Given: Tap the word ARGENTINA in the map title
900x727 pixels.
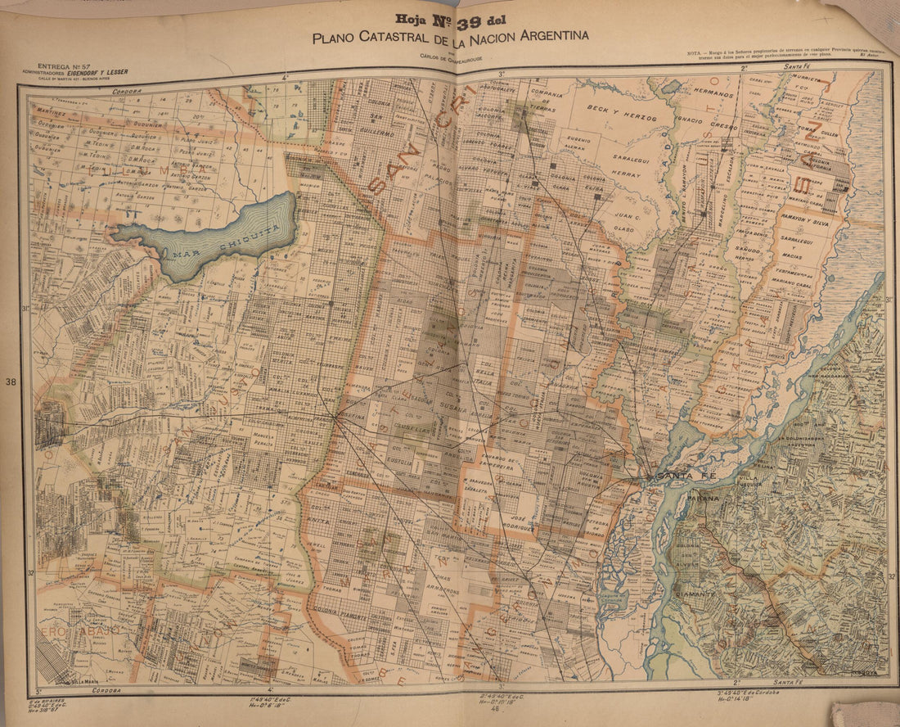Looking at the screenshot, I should (551, 36).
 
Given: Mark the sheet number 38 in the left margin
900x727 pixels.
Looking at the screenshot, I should (11, 382).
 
